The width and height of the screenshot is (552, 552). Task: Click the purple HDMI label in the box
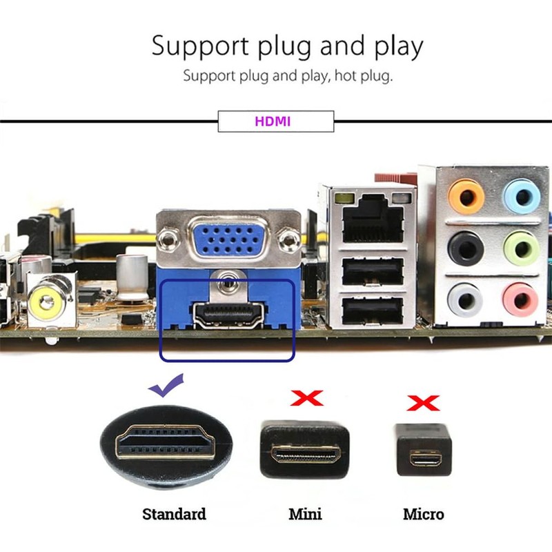point(273,121)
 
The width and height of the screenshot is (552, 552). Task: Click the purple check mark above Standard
point(167,388)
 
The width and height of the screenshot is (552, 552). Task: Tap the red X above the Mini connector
point(306,398)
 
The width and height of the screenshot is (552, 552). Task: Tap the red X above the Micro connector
point(422,402)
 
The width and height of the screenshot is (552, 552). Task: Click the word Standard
point(174,514)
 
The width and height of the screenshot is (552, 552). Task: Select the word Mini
point(305,514)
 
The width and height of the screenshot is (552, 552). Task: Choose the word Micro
point(423,514)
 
